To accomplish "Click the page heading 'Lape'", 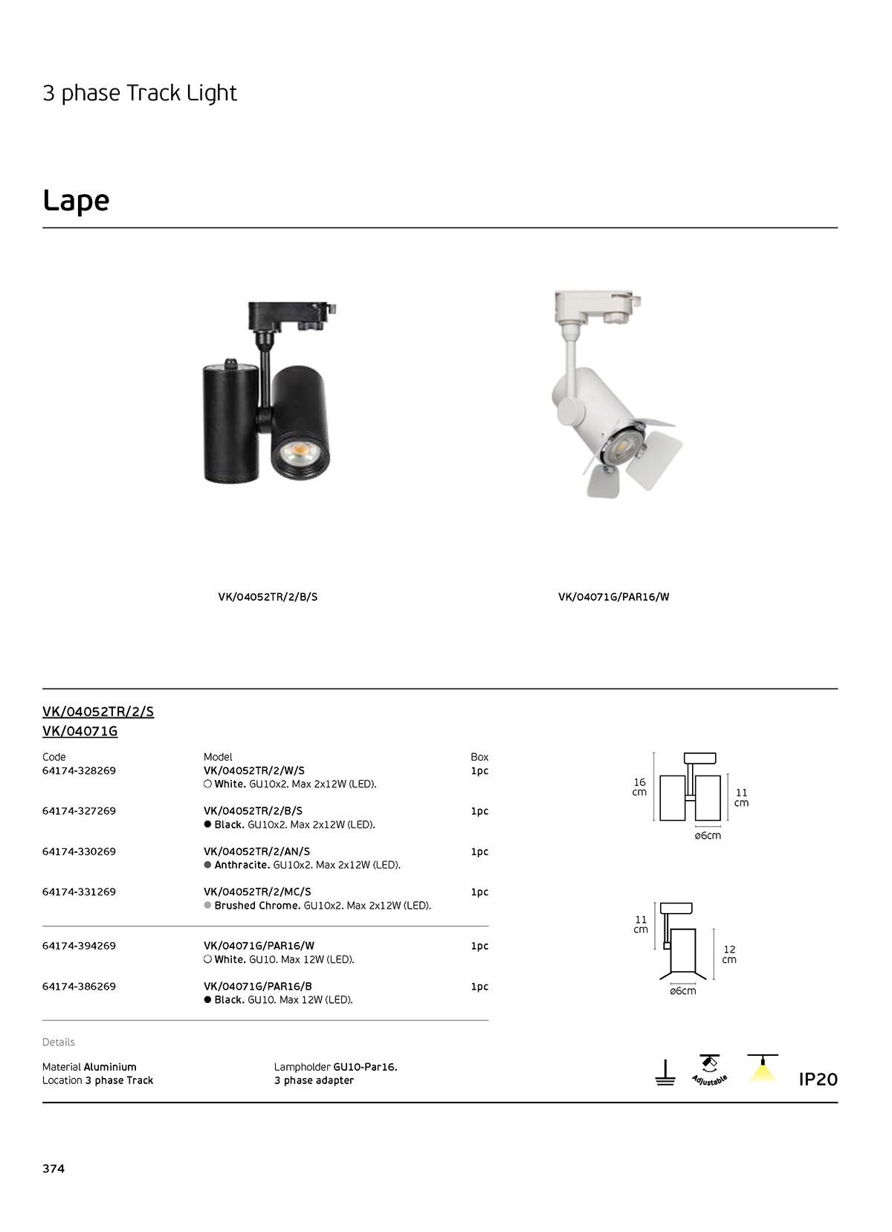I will coord(76,201).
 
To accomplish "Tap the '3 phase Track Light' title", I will coord(140,93).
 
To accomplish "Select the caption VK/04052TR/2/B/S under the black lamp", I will coord(268,597).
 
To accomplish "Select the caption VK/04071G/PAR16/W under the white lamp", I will coord(613,597).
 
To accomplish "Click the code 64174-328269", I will coord(79,771).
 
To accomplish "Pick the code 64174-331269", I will coord(79,892).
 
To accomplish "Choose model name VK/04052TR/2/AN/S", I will coord(256,852).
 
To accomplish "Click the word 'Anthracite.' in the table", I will coord(242,865).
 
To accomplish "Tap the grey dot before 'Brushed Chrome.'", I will coord(208,906).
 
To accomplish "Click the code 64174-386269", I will coord(79,987).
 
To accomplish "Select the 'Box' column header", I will coord(479,758).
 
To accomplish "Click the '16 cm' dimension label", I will coord(639,787).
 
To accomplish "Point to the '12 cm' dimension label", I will coord(729,955).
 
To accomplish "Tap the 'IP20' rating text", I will coord(818,1080).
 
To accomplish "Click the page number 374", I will coord(54,1169).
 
